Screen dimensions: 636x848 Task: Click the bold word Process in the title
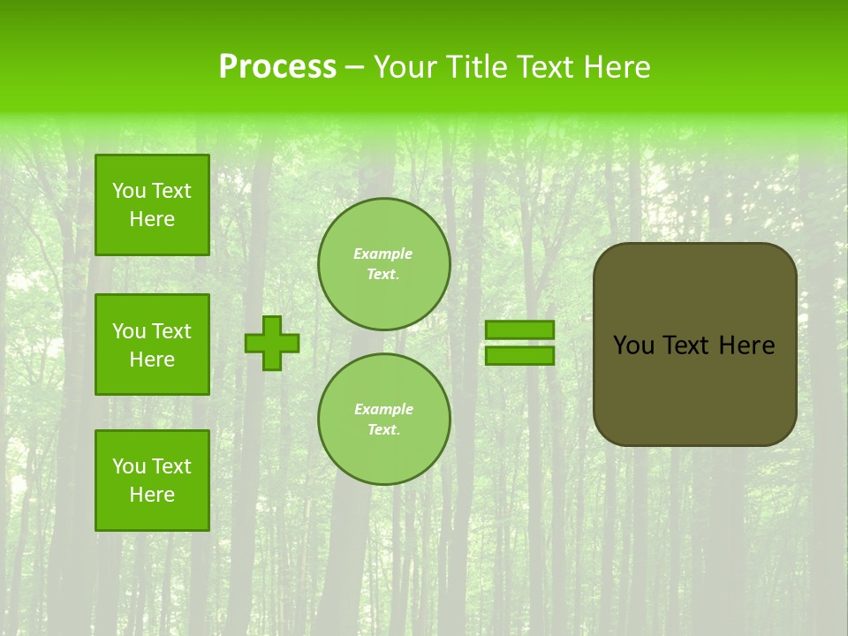pyautogui.click(x=277, y=67)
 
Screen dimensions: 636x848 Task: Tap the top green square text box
pyautogui.click(x=152, y=205)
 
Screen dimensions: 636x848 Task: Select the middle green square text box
pyautogui.click(x=152, y=344)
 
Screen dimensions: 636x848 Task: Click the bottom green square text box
pyautogui.click(x=152, y=481)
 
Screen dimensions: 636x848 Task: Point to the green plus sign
pyautogui.click(x=272, y=343)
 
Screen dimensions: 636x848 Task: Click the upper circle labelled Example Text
pyautogui.click(x=384, y=264)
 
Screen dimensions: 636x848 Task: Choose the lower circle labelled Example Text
pyautogui.click(x=384, y=420)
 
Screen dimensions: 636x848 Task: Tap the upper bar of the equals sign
pyautogui.click(x=520, y=330)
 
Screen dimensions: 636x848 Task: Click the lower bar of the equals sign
pyautogui.click(x=520, y=356)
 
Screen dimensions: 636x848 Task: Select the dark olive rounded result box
pyautogui.click(x=695, y=389)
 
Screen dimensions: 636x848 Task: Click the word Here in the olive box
pyautogui.click(x=746, y=345)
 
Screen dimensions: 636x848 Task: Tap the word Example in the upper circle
pyautogui.click(x=383, y=254)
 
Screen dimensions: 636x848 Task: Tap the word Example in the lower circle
pyautogui.click(x=383, y=410)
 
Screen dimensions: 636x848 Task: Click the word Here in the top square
pyautogui.click(x=152, y=219)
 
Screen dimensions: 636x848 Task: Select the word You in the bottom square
pyautogui.click(x=129, y=466)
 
